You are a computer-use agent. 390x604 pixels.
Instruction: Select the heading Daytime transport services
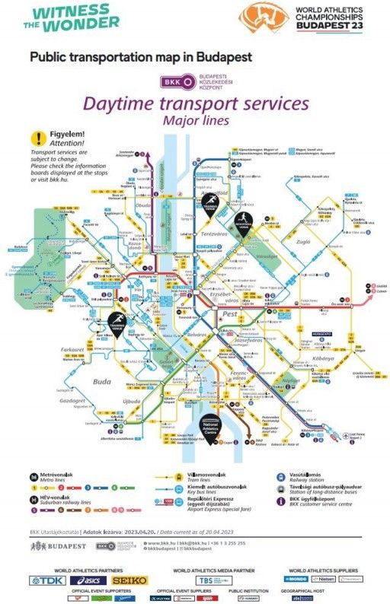(196, 103)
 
